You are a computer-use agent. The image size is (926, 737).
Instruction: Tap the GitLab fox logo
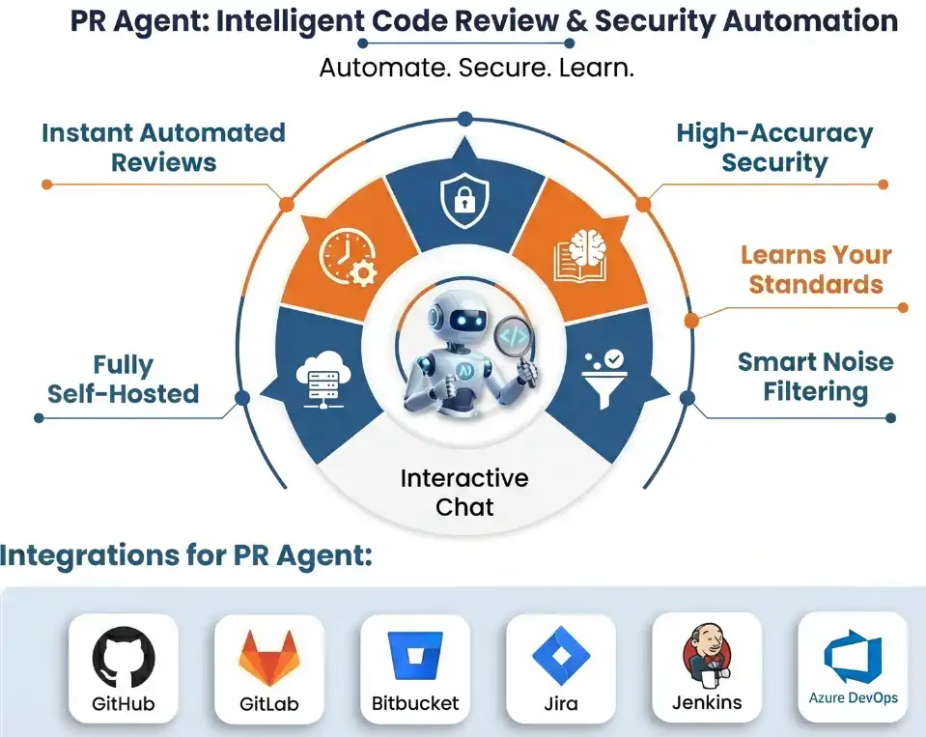tap(268, 657)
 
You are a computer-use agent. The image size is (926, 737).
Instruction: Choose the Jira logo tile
tap(561, 657)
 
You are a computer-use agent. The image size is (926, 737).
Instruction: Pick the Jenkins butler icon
tap(707, 655)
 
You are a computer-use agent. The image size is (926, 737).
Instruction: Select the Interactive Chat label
tap(463, 492)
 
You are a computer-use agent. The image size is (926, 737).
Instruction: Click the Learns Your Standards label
tap(816, 269)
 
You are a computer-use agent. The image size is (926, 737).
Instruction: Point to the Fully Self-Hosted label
tap(124, 379)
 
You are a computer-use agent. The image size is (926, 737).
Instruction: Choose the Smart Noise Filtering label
tap(815, 377)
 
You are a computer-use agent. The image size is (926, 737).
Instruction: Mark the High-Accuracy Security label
tap(773, 147)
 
